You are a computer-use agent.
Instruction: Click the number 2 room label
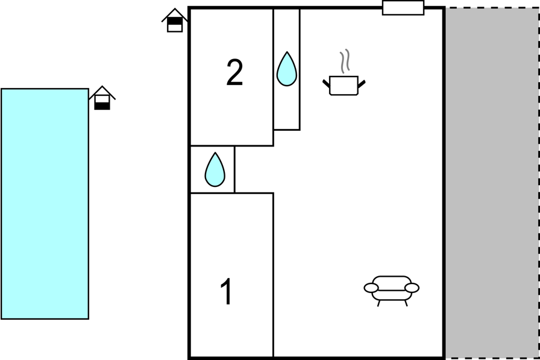click(234, 72)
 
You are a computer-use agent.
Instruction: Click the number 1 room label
click(226, 291)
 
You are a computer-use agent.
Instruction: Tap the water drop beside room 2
click(286, 69)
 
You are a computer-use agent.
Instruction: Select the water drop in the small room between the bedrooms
click(215, 169)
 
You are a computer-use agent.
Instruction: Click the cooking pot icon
click(344, 86)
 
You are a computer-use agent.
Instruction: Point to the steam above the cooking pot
click(345, 61)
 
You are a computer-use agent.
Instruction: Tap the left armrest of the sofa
click(371, 288)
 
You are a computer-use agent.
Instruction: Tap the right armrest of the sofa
click(412, 288)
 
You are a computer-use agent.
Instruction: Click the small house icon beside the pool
click(102, 98)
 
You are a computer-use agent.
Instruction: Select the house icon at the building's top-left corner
click(175, 21)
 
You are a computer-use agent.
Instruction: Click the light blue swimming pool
click(45, 204)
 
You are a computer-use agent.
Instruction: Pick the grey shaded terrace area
click(492, 183)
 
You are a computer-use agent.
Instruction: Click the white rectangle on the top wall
click(403, 8)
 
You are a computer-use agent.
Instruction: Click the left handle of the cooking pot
click(326, 83)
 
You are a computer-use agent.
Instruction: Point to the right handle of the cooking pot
click(362, 83)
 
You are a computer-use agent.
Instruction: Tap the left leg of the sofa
click(379, 303)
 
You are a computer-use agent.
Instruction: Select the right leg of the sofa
click(406, 303)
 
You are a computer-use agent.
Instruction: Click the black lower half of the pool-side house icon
click(102, 106)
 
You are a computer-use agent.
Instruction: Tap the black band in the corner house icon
click(175, 21)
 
